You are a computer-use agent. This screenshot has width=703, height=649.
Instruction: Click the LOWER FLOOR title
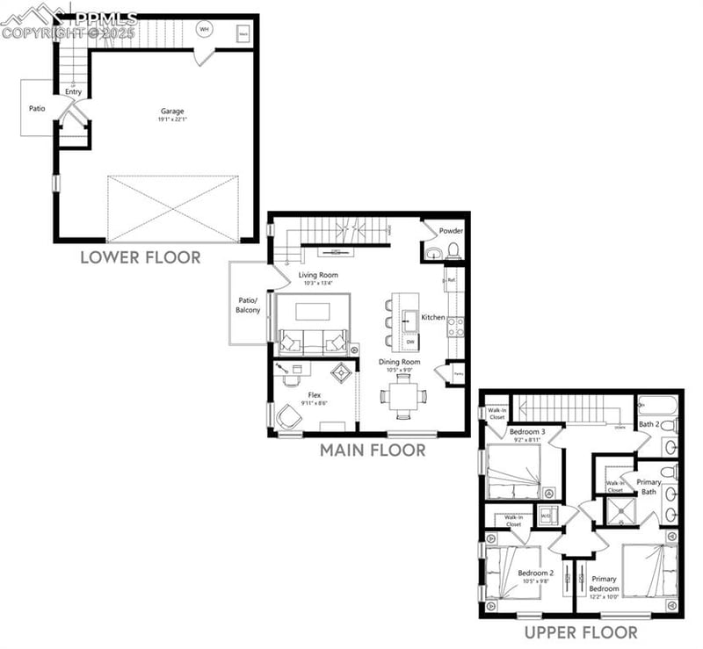tap(141, 257)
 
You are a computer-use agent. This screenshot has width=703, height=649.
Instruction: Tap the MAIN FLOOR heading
tap(373, 451)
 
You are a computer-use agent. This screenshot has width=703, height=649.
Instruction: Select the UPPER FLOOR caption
tap(582, 632)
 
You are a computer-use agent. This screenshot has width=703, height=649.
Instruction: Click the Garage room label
tap(172, 112)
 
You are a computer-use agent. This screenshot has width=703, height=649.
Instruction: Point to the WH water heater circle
tap(205, 29)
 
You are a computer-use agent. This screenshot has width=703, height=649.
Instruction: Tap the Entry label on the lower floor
tap(73, 91)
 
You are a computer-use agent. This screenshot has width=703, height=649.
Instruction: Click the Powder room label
tap(451, 231)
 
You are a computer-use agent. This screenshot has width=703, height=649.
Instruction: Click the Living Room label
tap(318, 275)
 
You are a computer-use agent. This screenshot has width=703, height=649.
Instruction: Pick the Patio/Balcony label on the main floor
tap(249, 305)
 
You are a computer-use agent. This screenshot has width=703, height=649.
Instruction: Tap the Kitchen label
tap(433, 317)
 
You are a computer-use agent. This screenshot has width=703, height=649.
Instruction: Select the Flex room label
tap(315, 395)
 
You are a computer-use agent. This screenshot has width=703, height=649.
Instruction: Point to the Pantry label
tap(458, 373)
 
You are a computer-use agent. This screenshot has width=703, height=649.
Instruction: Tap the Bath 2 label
tap(649, 425)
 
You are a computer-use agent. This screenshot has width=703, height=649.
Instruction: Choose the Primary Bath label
tap(649, 487)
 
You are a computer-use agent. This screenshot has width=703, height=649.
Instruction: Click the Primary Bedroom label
tap(604, 583)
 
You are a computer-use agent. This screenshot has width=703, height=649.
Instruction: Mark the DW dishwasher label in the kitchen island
tap(409, 341)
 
